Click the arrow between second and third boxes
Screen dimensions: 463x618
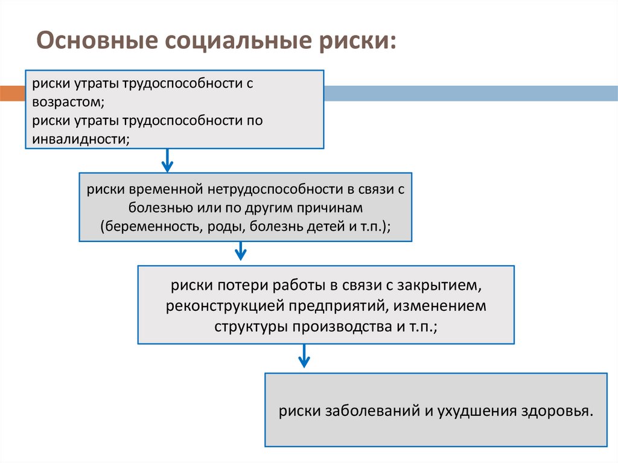pyautogui.click(x=241, y=251)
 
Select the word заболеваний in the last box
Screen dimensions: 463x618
pyautogui.click(x=363, y=412)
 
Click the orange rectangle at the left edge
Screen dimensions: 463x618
pyautogui.click(x=10, y=92)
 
